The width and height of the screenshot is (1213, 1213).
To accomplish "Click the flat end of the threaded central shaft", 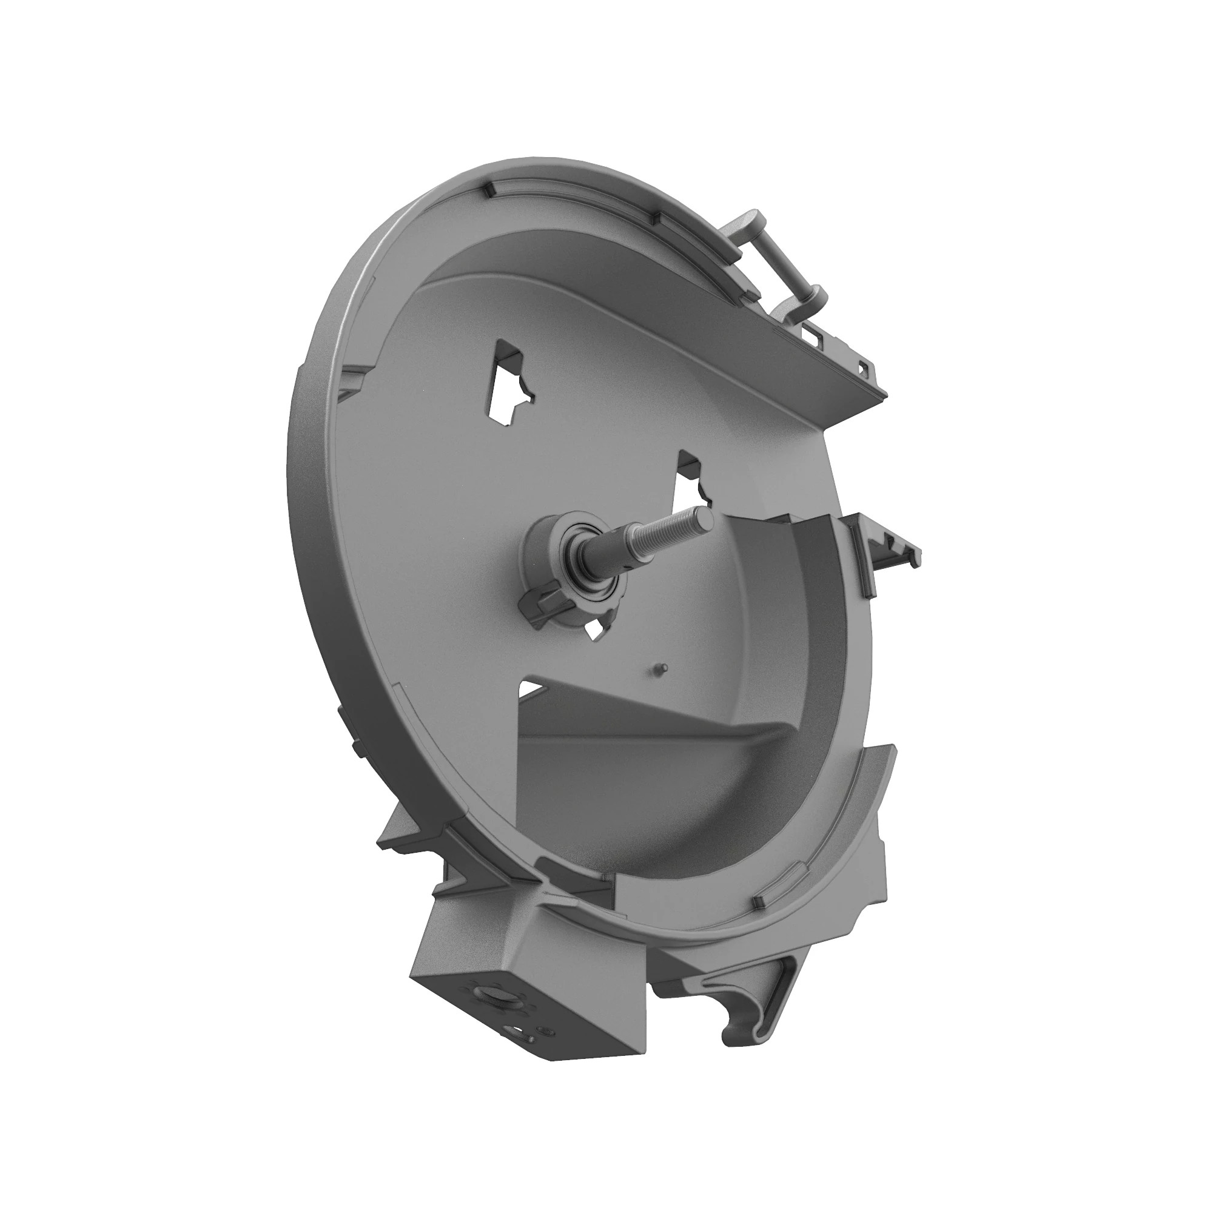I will point(705,519).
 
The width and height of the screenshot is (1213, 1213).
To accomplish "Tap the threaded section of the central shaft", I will point(665,534).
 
